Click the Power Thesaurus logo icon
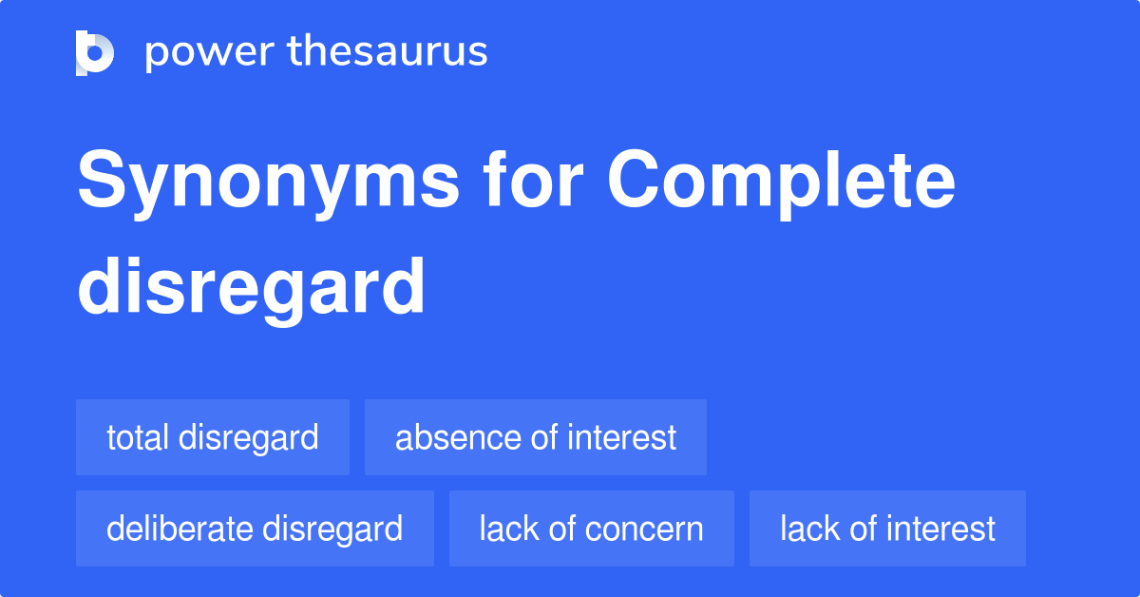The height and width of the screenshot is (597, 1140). coord(95,53)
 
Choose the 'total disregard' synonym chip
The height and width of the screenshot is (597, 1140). coord(213,437)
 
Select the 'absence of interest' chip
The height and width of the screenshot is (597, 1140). coord(536,437)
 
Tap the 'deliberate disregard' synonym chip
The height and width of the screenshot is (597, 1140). coord(255,529)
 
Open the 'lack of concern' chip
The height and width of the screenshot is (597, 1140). coord(591,529)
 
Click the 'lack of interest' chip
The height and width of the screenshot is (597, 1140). coord(887,529)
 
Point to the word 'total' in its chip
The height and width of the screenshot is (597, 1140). coord(137,437)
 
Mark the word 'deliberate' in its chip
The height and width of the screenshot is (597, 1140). coord(178,529)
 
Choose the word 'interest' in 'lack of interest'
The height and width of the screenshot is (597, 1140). coord(940,529)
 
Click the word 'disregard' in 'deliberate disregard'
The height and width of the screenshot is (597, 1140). coord(332,529)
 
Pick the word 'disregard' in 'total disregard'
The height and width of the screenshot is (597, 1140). coord(248,437)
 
